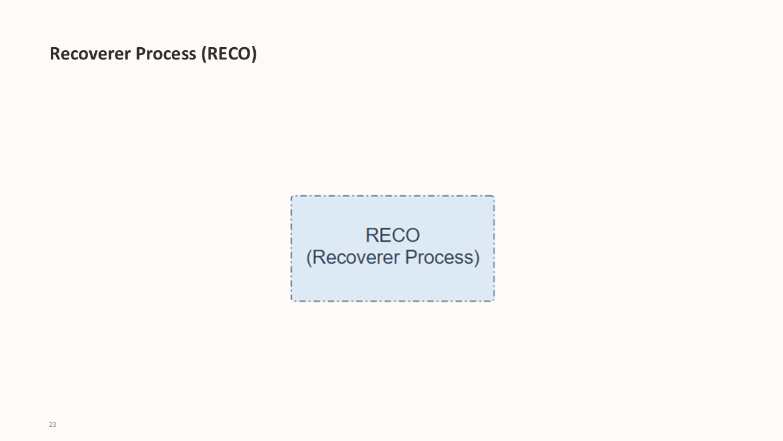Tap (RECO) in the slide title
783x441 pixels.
pos(229,54)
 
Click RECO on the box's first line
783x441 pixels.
pos(393,235)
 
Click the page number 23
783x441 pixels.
pos(53,424)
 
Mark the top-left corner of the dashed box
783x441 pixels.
pos(292,197)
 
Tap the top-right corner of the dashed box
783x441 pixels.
pos(494,197)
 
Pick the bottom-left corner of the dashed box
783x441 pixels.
pos(292,300)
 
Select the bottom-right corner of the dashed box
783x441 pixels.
pos(494,300)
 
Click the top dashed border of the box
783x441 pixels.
pos(393,196)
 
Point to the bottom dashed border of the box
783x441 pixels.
pos(393,301)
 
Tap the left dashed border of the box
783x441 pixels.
pos(291,248)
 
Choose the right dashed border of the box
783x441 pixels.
pos(494,248)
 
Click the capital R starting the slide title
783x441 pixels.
pos(54,54)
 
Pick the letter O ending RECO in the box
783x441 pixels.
pos(412,235)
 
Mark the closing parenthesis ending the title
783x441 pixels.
pos(254,54)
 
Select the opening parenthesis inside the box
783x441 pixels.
pos(309,257)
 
